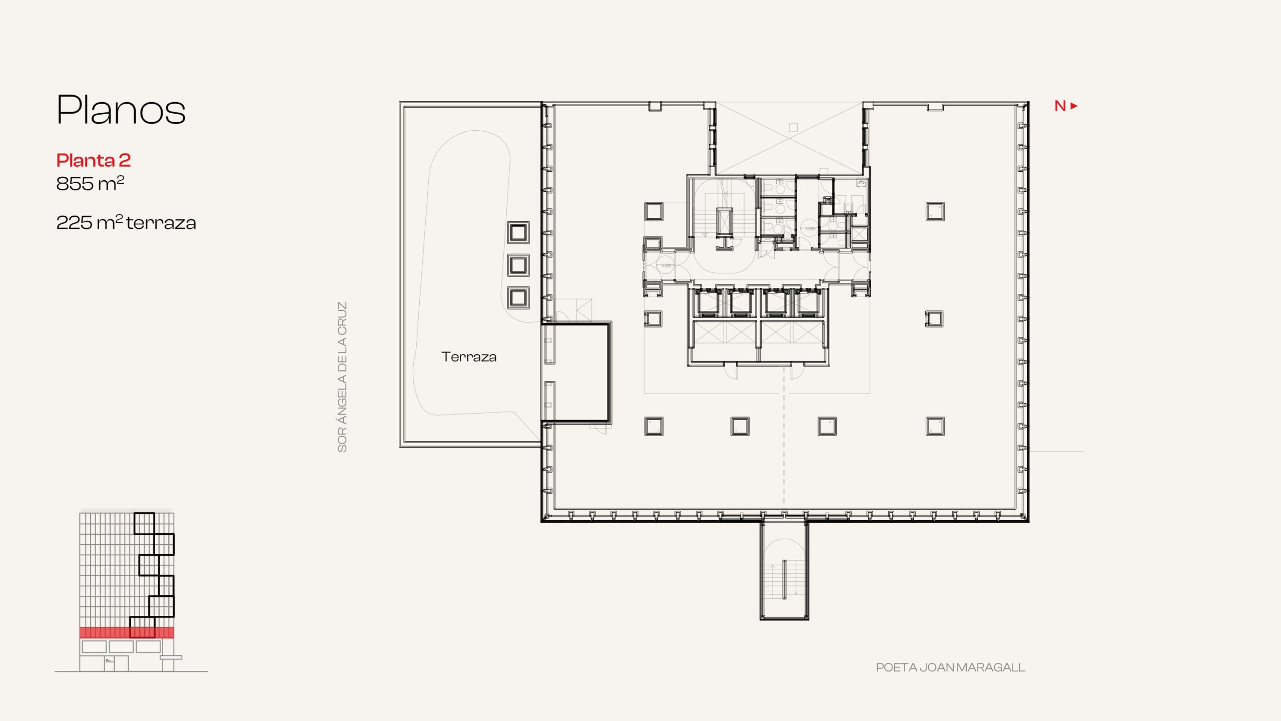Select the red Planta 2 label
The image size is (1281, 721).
(93, 160)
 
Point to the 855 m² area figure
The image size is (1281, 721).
(90, 183)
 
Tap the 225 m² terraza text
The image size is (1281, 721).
(126, 222)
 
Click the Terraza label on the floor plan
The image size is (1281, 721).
(469, 357)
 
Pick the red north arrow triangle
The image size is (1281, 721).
(1074, 106)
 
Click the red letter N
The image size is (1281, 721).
(1060, 106)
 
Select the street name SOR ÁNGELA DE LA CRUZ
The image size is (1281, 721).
(342, 377)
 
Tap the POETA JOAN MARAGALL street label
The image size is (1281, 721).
(950, 667)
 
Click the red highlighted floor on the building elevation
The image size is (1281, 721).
(127, 632)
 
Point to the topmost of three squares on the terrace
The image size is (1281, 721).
(518, 232)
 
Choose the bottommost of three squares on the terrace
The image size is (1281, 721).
(518, 297)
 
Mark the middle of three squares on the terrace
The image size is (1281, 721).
(518, 265)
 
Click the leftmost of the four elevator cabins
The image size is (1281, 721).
(707, 302)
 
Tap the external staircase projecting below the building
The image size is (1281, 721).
(784, 571)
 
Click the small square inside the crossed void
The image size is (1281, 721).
(793, 128)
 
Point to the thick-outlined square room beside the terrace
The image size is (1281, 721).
(576, 373)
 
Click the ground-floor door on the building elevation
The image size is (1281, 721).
(110, 663)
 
